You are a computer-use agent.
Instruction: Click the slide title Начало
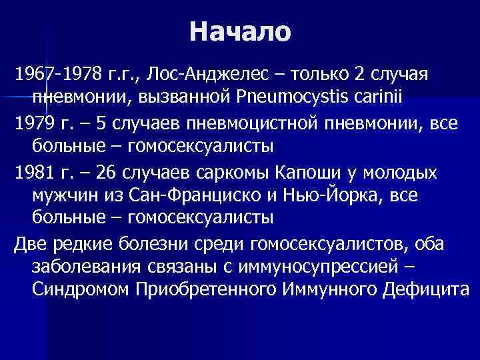[x=240, y=31]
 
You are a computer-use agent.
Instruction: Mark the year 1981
[x=35, y=173]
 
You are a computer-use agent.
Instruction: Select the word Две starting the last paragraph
[x=31, y=245]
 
